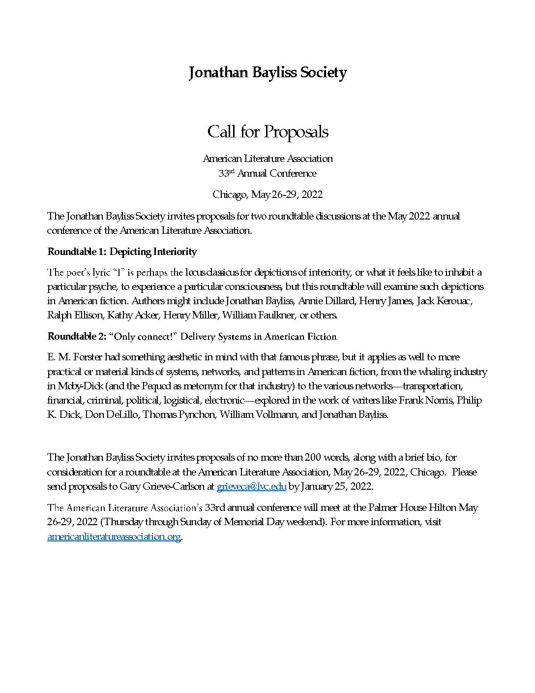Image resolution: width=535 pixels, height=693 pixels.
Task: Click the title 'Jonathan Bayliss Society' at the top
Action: click(267, 72)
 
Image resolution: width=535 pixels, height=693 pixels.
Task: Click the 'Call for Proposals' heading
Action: click(267, 132)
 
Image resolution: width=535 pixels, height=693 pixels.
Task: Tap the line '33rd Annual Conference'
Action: click(267, 173)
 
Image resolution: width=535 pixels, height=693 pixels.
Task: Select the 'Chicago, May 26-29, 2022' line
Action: click(267, 194)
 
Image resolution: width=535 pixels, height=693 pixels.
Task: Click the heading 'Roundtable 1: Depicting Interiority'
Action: click(122, 252)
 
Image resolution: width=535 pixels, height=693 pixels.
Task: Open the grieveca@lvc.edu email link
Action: click(251, 487)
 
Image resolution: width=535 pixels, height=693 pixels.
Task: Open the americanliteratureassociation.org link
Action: click(114, 536)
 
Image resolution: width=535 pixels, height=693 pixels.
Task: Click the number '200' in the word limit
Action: click(313, 457)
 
